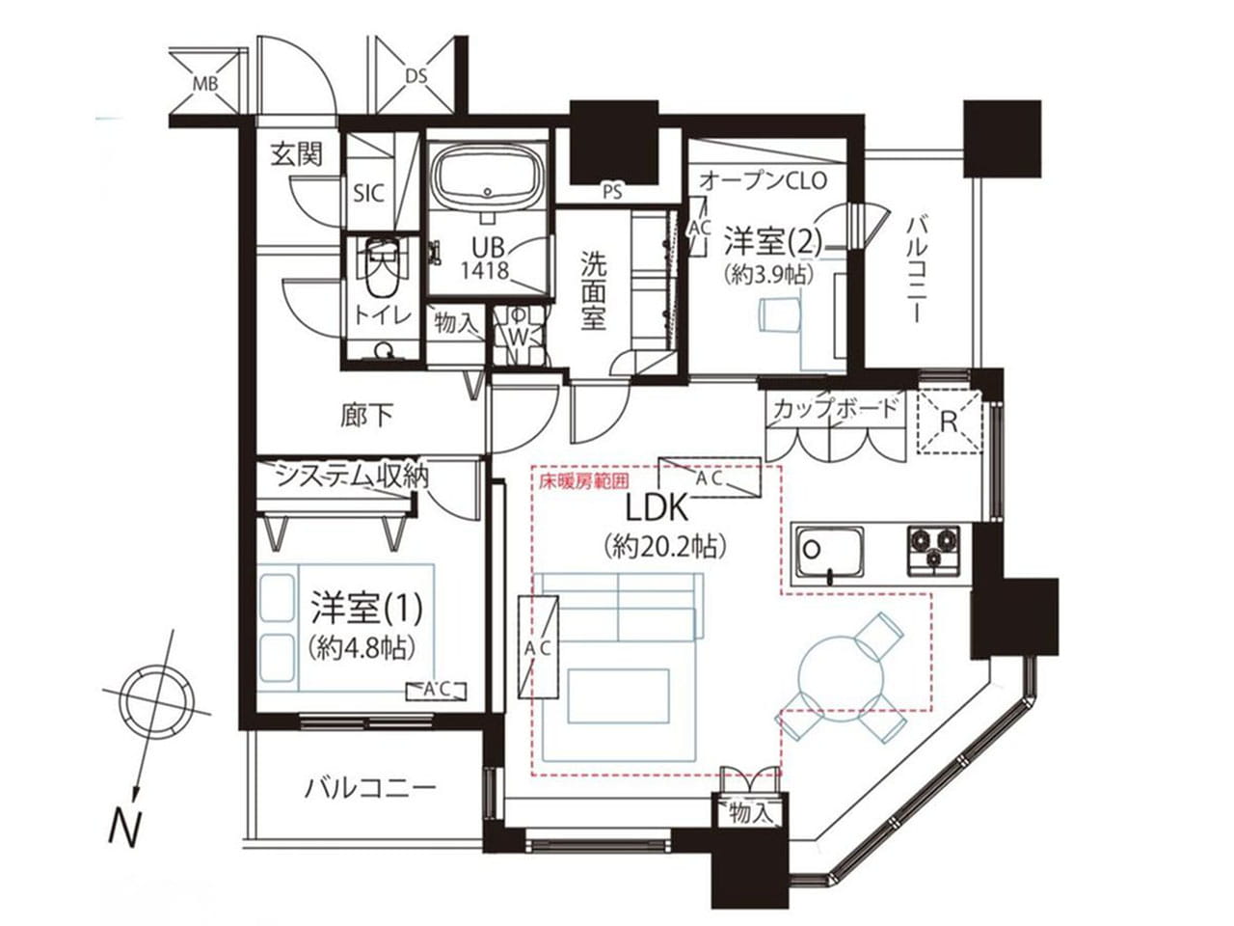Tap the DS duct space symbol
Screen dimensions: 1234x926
[x=416, y=75]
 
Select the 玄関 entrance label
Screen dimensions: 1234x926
[x=296, y=154]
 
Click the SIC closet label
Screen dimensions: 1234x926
[x=369, y=194]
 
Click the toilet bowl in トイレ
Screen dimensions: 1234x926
[x=384, y=270]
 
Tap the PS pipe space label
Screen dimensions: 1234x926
[x=612, y=192]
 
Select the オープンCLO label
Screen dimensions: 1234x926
[x=764, y=180]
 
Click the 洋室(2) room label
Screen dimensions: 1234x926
[x=773, y=241]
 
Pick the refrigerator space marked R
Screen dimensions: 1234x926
[x=950, y=422]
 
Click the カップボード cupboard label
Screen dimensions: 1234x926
[x=835, y=407]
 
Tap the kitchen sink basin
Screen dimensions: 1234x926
[x=830, y=551]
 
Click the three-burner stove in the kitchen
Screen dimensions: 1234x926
[x=933, y=551]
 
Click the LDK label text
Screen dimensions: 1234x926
[x=657, y=508]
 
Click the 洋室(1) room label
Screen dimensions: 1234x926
[x=366, y=610]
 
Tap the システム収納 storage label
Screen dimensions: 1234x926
[x=353, y=477]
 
